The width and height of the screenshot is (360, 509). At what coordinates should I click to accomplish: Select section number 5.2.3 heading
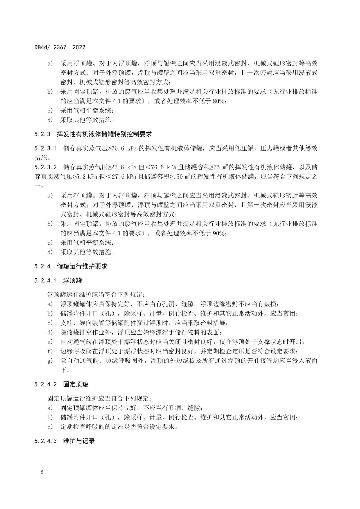pyautogui.click(x=42, y=134)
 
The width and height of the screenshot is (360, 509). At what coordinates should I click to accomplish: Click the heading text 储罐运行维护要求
pyautogui.click(x=82, y=266)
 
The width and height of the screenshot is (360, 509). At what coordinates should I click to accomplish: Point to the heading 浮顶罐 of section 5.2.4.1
pyautogui.click(x=72, y=280)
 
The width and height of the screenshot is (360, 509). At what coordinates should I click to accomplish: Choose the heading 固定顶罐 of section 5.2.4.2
pyautogui.click(x=76, y=384)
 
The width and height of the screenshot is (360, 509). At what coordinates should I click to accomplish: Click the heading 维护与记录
pyautogui.click(x=79, y=441)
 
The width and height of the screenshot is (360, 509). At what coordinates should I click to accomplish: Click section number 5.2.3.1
pyautogui.click(x=45, y=148)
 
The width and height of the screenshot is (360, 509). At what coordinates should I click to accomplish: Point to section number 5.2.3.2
pyautogui.click(x=45, y=167)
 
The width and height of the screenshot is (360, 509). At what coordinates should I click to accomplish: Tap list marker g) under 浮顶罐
pyautogui.click(x=50, y=361)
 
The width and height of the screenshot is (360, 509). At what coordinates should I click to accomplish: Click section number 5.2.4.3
pyautogui.click(x=45, y=441)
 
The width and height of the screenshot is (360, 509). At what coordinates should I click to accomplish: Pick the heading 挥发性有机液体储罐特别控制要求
pyautogui.click(x=104, y=134)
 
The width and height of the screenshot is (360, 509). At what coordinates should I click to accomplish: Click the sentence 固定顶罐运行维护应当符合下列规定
pyautogui.click(x=100, y=398)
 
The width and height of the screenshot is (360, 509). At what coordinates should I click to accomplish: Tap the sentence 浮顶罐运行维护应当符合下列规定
pyautogui.click(x=96, y=294)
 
